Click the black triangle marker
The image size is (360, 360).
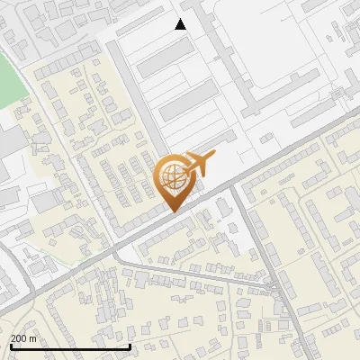pos(181,24)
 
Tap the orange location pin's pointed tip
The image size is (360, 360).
pos(171,211)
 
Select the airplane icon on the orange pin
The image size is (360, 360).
pos(198,163)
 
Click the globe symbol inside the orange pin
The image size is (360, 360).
pos(171,177)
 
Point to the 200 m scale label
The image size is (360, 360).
pos(23,338)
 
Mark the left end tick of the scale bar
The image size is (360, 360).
pos(10,346)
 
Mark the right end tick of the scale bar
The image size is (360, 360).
pos(130,346)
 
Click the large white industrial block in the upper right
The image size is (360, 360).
pos(270,54)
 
